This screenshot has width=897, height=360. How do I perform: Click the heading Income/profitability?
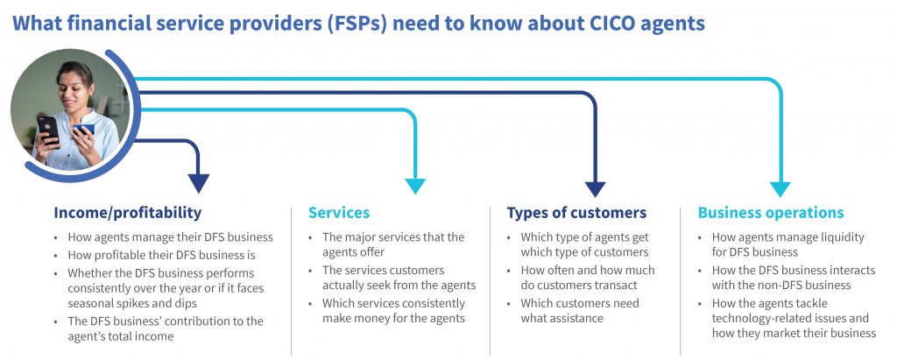click(128, 213)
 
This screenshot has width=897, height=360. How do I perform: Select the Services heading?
click(339, 213)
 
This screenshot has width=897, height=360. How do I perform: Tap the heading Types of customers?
click(576, 213)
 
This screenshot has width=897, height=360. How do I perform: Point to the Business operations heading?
click(771, 213)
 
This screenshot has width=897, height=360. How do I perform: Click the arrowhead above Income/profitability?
click(198, 182)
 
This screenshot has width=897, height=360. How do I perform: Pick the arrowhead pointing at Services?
click(415, 186)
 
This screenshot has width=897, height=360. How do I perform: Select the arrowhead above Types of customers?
click(595, 188)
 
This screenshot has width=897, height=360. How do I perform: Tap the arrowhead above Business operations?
click(780, 188)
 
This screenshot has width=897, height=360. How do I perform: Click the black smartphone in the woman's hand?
click(48, 131)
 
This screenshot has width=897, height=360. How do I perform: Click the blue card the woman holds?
click(84, 129)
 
